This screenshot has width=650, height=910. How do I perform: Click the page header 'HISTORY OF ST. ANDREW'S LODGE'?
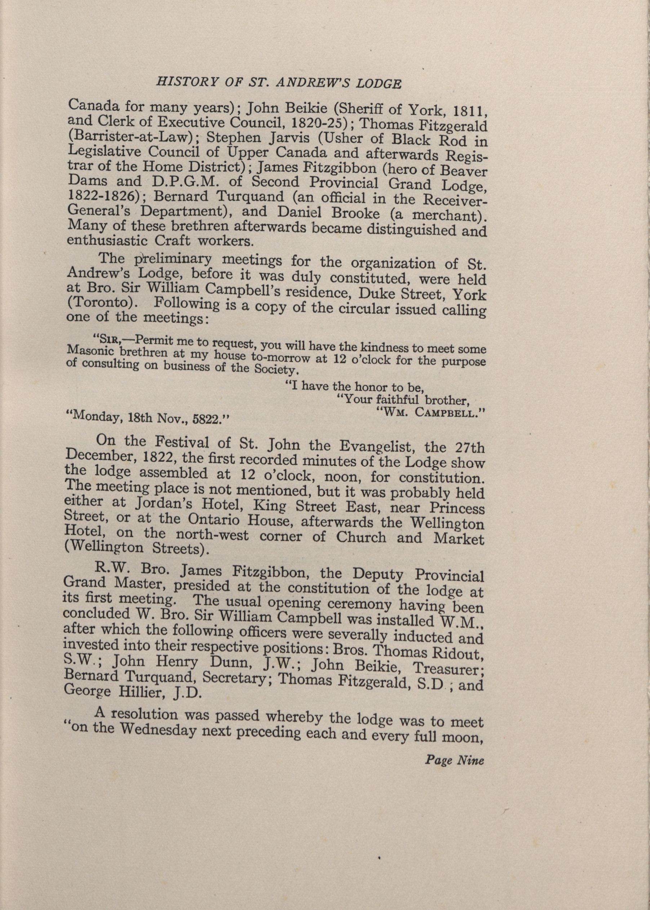click(x=278, y=83)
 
